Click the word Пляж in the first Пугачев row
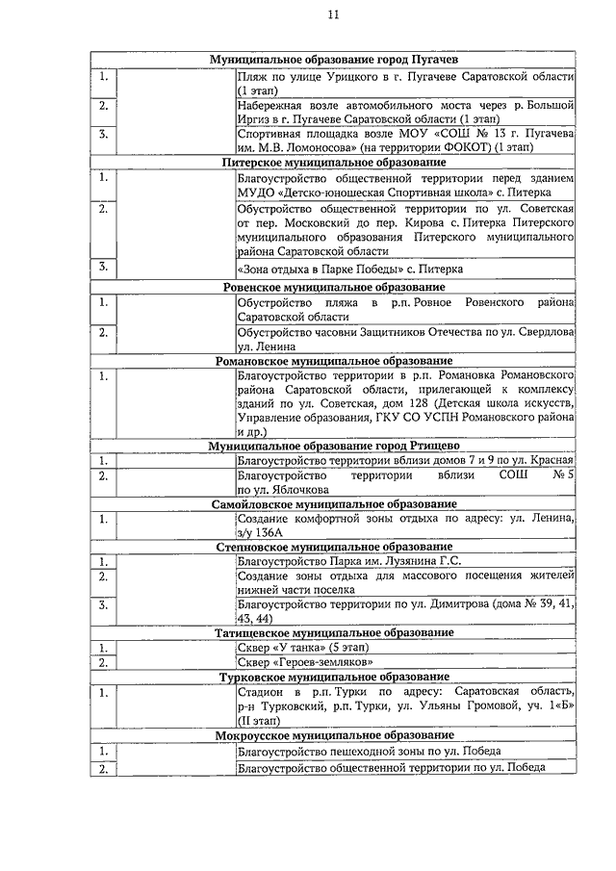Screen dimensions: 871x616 [x=251, y=76]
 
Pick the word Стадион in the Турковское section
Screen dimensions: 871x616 [x=261, y=692]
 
